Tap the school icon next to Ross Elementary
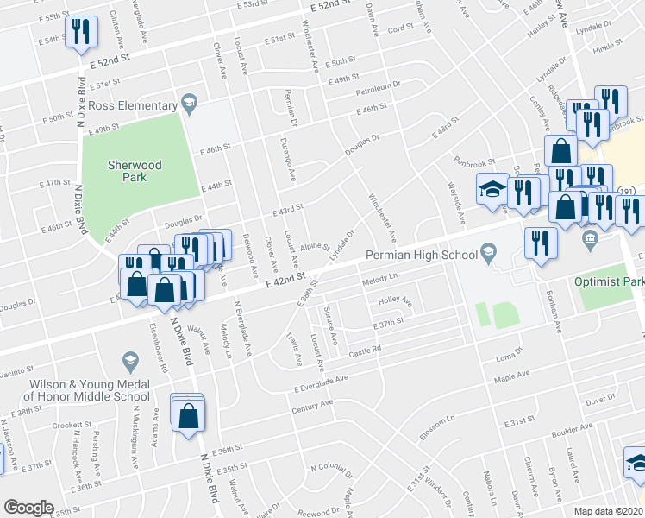pos(188,105)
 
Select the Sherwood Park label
pos(127,171)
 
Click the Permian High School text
pos(421,255)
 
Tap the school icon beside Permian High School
pos(489,254)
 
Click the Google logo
pos(28,507)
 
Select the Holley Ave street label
pos(395,302)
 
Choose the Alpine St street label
pos(315,245)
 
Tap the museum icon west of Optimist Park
pos(591,239)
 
